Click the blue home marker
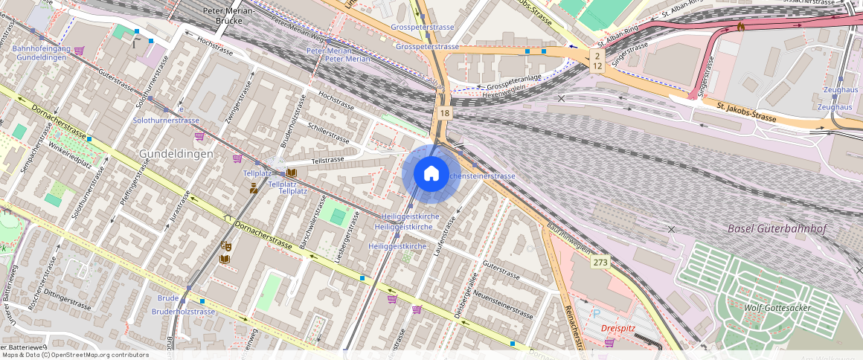pos(431,174)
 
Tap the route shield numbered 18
pos(444,112)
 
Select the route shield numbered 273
pos(600,262)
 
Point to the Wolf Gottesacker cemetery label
pos(778,307)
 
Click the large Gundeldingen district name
pos(176,153)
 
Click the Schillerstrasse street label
pos(328,133)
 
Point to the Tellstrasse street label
pos(327,160)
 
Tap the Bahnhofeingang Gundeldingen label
pos(42,53)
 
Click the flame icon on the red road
pos(740,27)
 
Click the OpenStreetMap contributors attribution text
pos(74,355)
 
